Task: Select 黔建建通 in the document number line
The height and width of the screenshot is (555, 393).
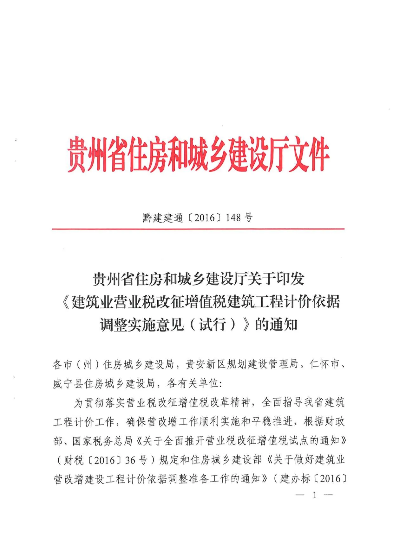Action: pyautogui.click(x=163, y=218)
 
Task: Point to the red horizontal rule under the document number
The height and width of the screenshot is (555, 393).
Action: pyautogui.click(x=198, y=229)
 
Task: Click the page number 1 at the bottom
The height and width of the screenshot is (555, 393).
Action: pyautogui.click(x=314, y=495)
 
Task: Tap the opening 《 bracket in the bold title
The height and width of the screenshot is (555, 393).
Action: pyautogui.click(x=65, y=302)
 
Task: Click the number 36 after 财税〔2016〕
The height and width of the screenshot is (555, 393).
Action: pyautogui.click(x=130, y=460)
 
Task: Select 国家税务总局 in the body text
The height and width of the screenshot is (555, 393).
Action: pyautogui.click(x=102, y=441)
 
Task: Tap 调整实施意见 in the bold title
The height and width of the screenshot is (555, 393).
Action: pyautogui.click(x=142, y=325)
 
